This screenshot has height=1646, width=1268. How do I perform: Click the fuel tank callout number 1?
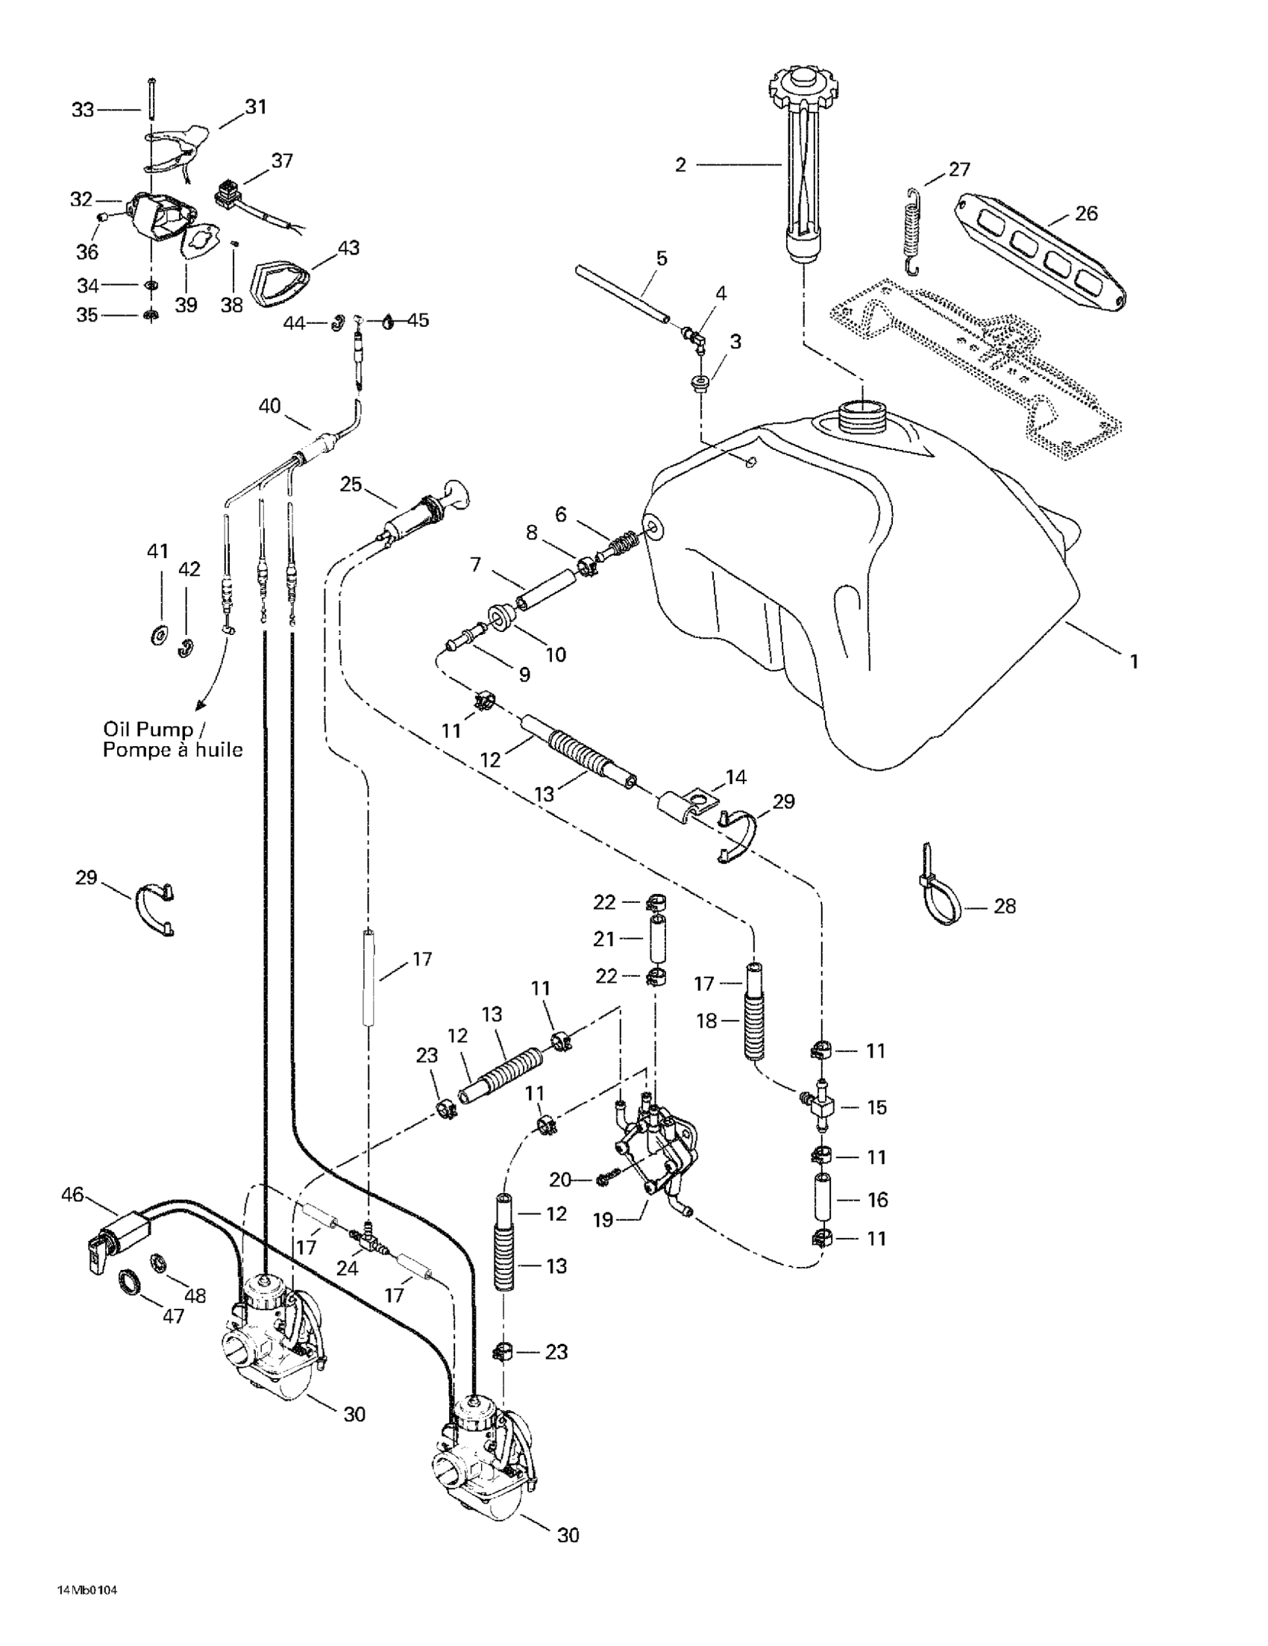(x=1133, y=662)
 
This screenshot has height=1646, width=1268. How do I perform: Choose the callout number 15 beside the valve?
(x=876, y=1107)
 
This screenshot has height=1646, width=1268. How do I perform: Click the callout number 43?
(x=348, y=247)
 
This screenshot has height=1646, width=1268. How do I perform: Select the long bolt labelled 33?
(x=151, y=97)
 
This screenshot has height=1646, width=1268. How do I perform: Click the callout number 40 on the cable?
(x=270, y=405)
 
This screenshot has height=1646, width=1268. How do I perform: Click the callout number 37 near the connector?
(x=282, y=160)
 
